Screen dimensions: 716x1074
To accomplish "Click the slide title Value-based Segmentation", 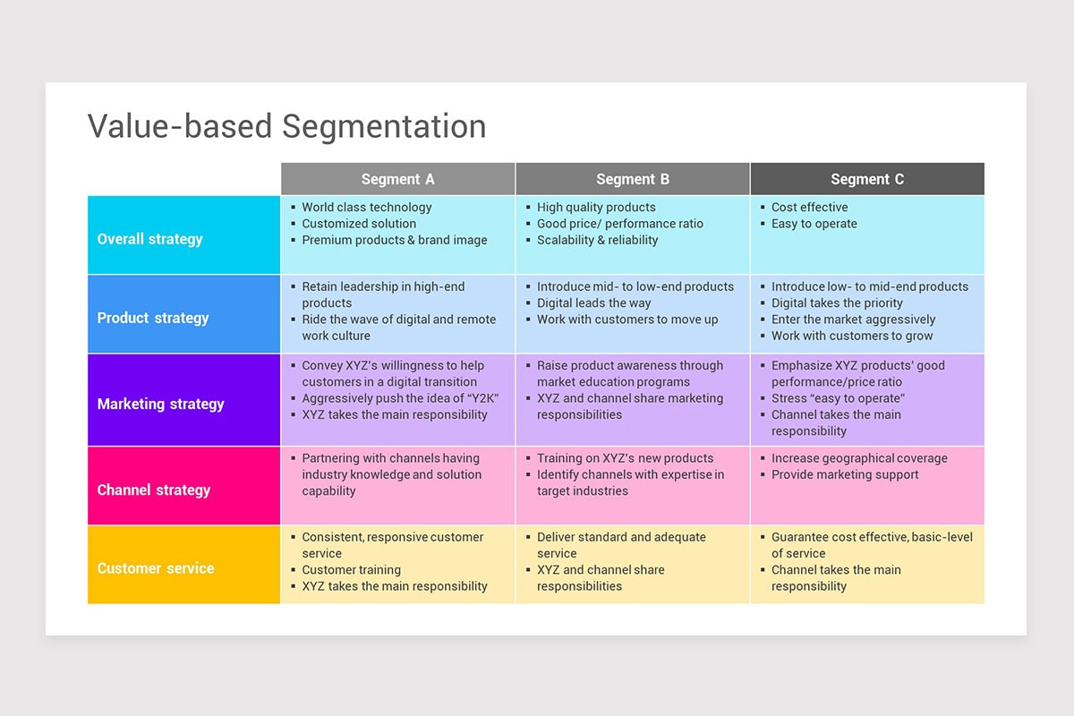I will point(286,126).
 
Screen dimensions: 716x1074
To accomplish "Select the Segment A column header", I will point(397,179).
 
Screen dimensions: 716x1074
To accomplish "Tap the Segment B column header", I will point(633,179).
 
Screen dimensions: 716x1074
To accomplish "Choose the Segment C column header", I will point(867,179).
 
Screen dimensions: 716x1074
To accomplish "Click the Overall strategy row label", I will point(150,239).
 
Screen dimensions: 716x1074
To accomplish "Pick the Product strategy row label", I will point(153,318).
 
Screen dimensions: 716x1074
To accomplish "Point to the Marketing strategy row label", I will point(161,404).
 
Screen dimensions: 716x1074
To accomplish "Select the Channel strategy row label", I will point(154,490).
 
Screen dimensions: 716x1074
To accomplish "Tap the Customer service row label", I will point(156,568).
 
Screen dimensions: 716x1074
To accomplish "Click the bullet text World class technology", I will point(366,207).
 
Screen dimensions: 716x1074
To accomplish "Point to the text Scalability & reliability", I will point(597,240).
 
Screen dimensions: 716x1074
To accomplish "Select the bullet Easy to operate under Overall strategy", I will point(814,224).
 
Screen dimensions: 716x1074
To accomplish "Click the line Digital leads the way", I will point(593,303).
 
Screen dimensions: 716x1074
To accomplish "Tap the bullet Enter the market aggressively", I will point(853,320).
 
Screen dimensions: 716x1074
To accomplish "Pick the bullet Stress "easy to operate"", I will point(838,398).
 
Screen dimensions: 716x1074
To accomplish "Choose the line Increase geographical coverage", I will point(859,458).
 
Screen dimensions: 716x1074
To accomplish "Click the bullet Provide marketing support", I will point(845,474).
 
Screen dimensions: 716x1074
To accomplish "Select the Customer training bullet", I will point(351,570).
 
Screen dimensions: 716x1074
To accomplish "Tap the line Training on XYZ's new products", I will point(625,458).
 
